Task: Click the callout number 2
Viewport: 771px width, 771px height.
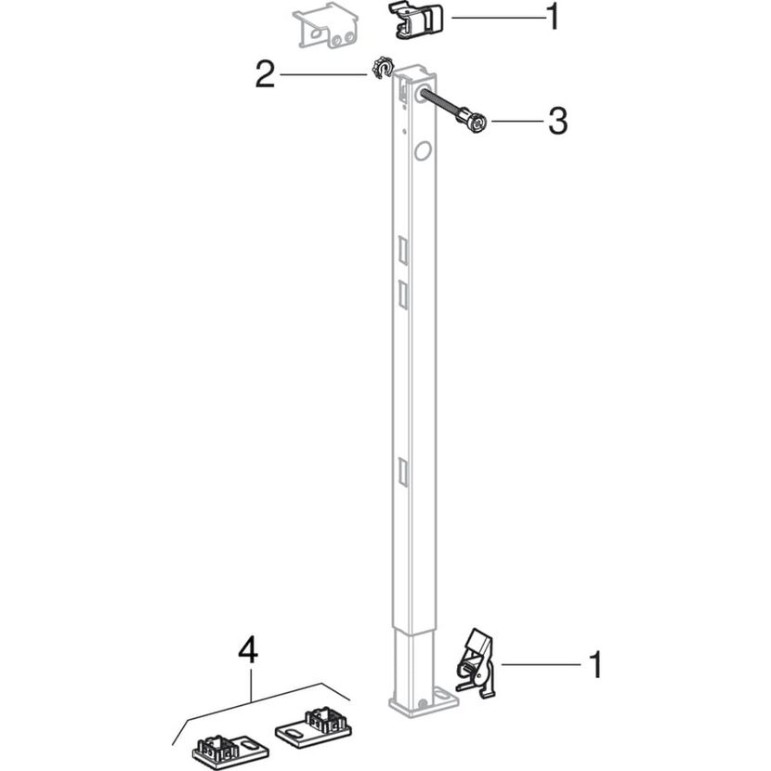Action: coord(265,74)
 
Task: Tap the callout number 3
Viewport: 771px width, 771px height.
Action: coord(558,121)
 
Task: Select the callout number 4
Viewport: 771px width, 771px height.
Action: coord(248,651)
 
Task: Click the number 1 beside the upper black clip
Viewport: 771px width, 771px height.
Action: coord(555,18)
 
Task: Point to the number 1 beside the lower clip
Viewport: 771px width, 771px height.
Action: coord(596,665)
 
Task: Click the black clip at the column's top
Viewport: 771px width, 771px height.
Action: coord(415,20)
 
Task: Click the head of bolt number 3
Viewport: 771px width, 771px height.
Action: coord(474,122)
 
